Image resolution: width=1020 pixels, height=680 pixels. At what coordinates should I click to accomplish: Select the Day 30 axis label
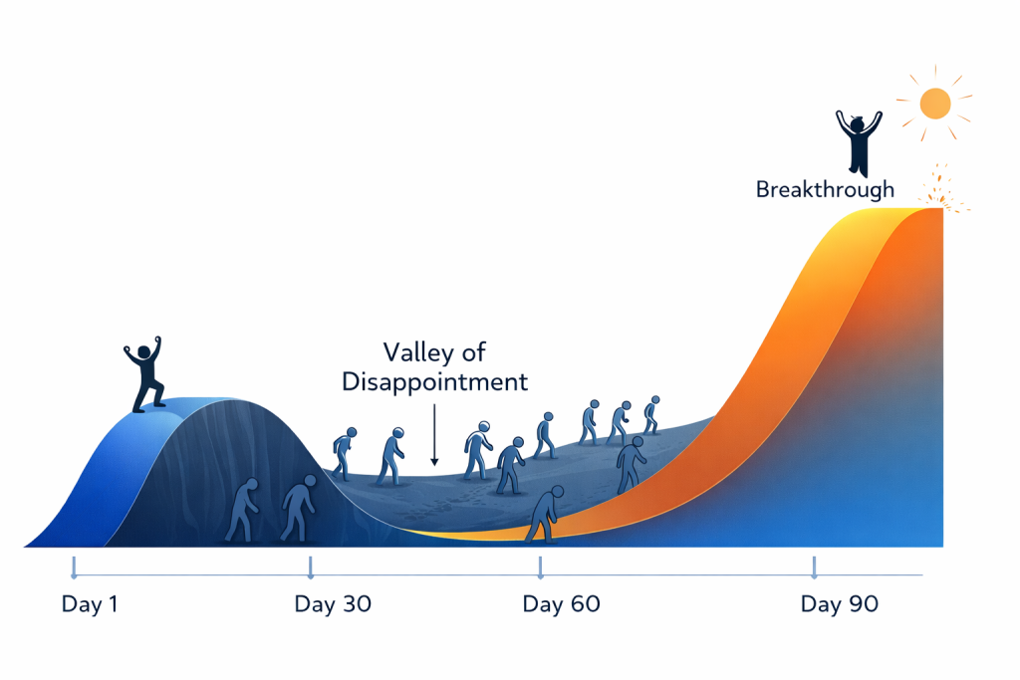point(333,604)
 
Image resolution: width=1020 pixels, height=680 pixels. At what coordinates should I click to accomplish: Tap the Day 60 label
point(561,604)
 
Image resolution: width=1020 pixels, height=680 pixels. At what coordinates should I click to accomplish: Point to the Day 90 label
point(840,604)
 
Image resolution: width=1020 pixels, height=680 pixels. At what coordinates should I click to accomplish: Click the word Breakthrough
point(825,188)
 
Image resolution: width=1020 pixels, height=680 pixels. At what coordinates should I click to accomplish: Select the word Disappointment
point(434,382)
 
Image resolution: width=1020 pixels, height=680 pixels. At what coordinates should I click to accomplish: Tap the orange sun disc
point(936,103)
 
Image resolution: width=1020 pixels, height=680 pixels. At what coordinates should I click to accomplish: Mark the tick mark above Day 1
point(73,567)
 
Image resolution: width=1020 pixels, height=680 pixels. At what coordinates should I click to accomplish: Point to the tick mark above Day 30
point(311,567)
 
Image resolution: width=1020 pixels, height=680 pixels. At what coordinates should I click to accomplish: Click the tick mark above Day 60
point(540,567)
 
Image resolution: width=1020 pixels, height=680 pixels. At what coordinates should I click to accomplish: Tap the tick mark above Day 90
point(815,567)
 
